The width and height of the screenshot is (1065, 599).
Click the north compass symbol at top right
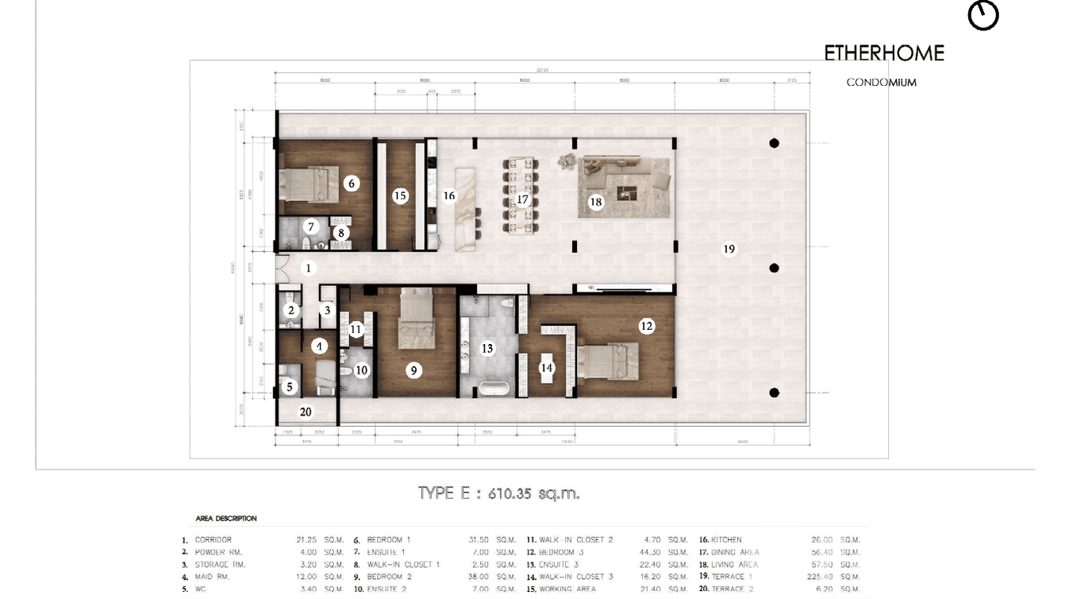(983, 15)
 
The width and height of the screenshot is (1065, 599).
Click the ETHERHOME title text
(884, 53)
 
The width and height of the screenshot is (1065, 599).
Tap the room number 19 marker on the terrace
(729, 249)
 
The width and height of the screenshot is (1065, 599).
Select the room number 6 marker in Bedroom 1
(352, 184)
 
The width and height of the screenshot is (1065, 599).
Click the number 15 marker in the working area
(400, 195)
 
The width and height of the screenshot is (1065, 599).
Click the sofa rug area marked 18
(626, 187)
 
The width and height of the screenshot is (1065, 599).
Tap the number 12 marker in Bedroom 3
(647, 326)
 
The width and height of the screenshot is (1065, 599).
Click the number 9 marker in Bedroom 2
(413, 370)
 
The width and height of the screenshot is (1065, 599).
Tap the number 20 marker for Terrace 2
(306, 412)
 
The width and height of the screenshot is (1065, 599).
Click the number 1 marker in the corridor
(309, 269)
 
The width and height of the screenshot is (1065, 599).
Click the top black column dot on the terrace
(774, 143)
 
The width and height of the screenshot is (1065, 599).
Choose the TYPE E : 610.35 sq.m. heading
(498, 493)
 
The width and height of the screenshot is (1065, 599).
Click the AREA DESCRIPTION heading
(226, 519)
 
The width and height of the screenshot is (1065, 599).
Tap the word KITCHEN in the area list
(726, 540)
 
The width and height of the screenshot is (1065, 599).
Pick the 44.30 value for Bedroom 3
(652, 552)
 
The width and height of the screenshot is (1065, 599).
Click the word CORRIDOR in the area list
(213, 540)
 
